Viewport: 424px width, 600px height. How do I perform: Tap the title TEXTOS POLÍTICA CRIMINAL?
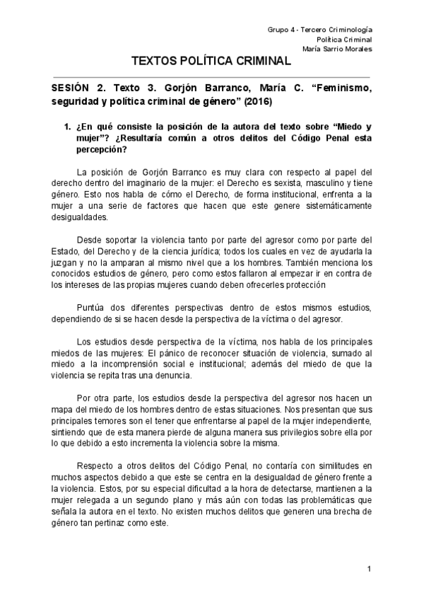(x=211, y=62)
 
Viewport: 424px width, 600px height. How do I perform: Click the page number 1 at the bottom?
(x=369, y=568)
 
